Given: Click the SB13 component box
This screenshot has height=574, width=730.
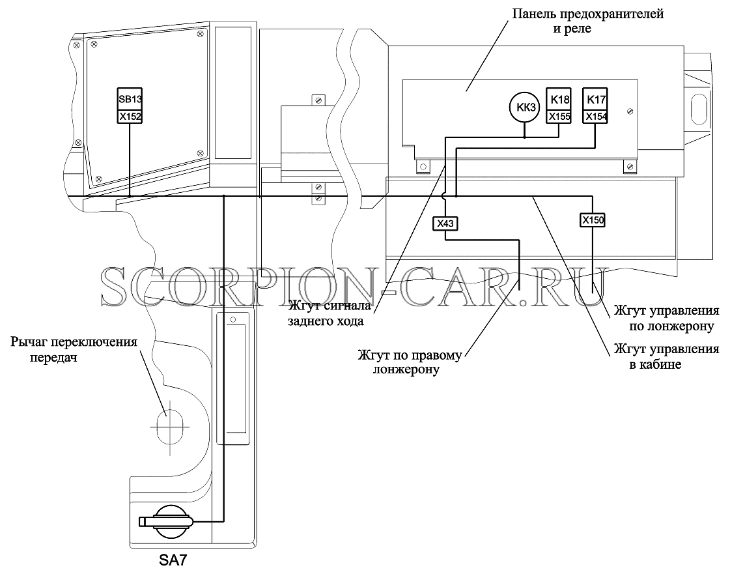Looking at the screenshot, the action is pos(130,99).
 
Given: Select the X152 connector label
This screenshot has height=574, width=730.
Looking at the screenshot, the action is pos(130,117).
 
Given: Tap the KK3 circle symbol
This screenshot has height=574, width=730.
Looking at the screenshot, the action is pos(526,108).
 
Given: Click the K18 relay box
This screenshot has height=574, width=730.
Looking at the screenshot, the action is pos(559,99).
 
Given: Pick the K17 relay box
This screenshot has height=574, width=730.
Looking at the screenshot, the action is pos(595,99).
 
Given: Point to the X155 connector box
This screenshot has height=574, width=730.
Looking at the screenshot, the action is pos(559,117).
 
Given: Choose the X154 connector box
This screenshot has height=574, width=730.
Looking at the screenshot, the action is pos(595,117).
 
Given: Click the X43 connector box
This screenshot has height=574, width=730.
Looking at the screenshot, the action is pos(445,223).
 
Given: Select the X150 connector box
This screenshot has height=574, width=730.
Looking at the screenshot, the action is pos(592,220).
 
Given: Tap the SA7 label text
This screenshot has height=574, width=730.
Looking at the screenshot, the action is pos(173,560).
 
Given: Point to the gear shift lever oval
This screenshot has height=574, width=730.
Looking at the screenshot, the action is pos(169,427).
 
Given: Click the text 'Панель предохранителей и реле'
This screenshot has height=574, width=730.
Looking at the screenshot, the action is pos(587,21).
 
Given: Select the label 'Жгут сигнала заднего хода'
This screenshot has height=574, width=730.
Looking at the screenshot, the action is pos(330,313).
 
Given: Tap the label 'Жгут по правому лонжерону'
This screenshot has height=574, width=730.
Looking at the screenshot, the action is pos(410,362).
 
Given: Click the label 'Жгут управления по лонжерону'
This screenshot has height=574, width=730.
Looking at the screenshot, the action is pos(666,318).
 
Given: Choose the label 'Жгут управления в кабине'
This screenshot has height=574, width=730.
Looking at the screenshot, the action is pos(666,356).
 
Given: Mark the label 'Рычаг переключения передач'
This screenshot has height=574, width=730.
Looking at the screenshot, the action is pos(74,349).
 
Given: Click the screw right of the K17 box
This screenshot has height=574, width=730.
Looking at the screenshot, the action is pos(630,111).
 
